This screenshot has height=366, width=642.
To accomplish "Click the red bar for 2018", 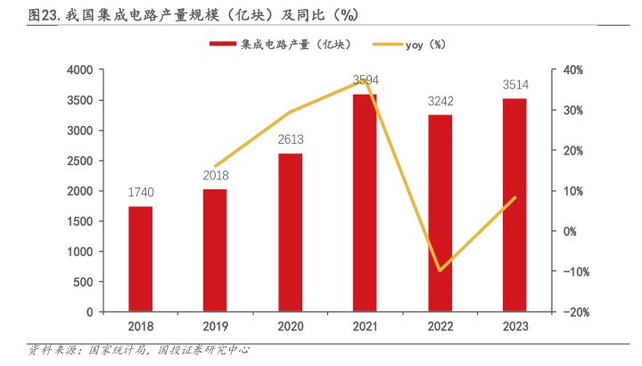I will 140,259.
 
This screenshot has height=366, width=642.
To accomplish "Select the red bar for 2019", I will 215,250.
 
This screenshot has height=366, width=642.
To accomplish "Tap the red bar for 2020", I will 290,232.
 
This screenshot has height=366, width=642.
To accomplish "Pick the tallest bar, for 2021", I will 365,203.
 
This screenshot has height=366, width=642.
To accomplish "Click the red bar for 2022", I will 440,213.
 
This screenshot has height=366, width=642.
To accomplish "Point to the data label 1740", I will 140,193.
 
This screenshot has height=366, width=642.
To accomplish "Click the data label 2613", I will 290,140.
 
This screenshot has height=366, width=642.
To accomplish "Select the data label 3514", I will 514,85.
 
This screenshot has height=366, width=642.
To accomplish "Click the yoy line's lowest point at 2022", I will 440,270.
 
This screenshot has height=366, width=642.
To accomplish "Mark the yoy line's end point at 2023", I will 514,197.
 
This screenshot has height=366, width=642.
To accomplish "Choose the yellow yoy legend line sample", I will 385,44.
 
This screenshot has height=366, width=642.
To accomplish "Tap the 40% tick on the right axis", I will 573,70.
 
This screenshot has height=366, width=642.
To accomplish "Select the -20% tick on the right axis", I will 573,312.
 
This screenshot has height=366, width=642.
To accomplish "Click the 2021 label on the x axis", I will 365,328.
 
